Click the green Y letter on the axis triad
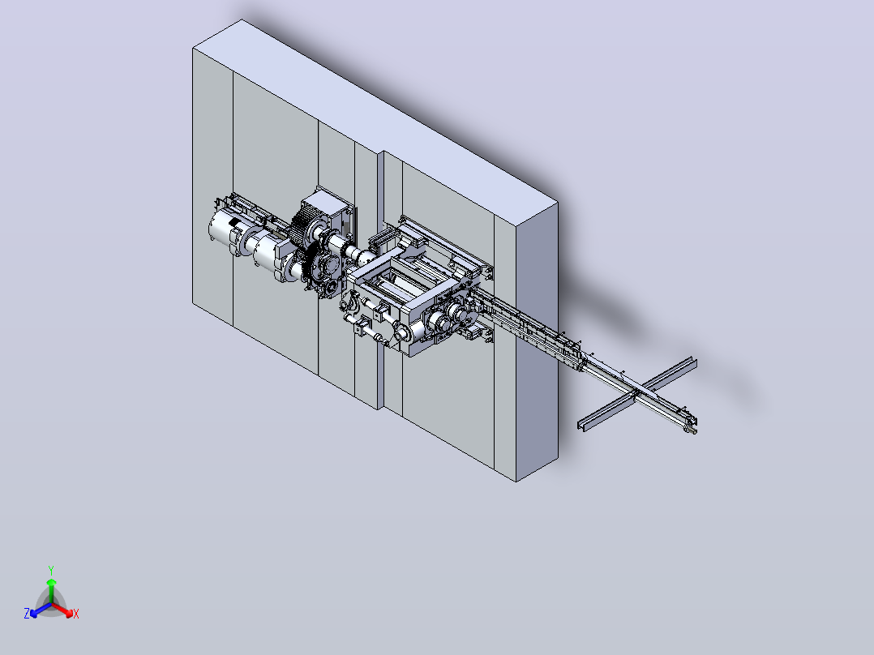pos(51,570)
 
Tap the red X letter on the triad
pos(76,614)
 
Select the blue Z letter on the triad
pos(27,613)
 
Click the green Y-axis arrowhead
pos(51,582)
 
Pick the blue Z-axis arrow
pos(41,610)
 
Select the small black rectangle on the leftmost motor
pos(234,224)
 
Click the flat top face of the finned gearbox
pos(329,199)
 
